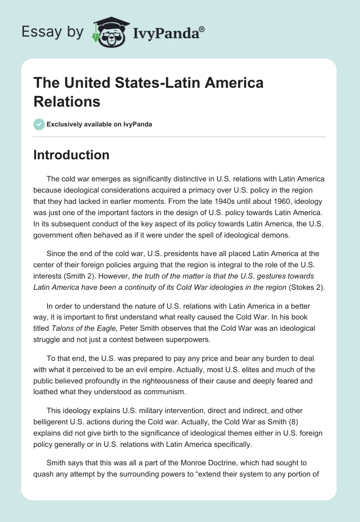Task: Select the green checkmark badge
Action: tap(39, 124)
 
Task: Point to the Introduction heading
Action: tap(72, 155)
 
